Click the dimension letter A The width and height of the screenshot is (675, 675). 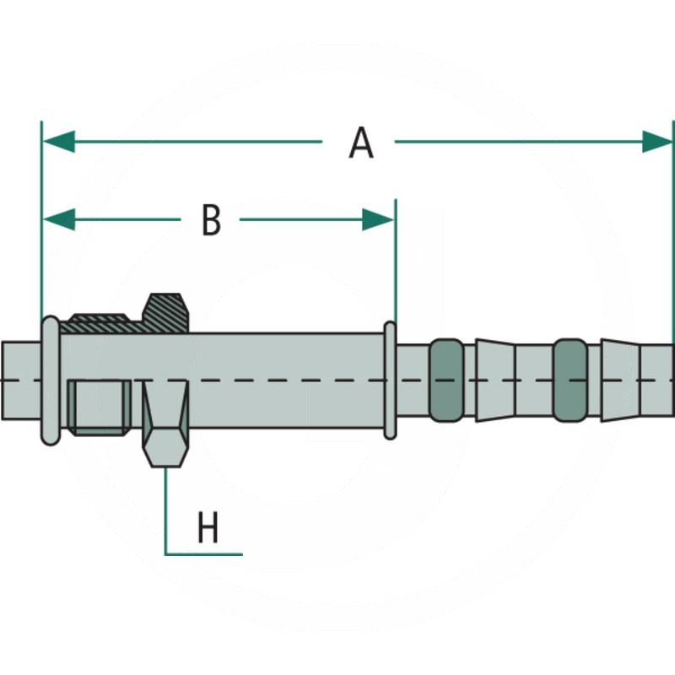coord(361,143)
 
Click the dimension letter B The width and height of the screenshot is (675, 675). coord(211,220)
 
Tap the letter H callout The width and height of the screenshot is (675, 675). coord(208,529)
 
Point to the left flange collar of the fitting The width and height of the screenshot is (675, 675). coord(51,380)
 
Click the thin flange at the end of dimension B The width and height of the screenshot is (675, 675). coord(390,380)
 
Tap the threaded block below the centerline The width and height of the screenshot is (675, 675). coord(99,407)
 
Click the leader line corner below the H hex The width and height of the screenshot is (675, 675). coord(165,553)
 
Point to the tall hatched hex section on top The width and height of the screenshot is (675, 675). coord(166,312)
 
